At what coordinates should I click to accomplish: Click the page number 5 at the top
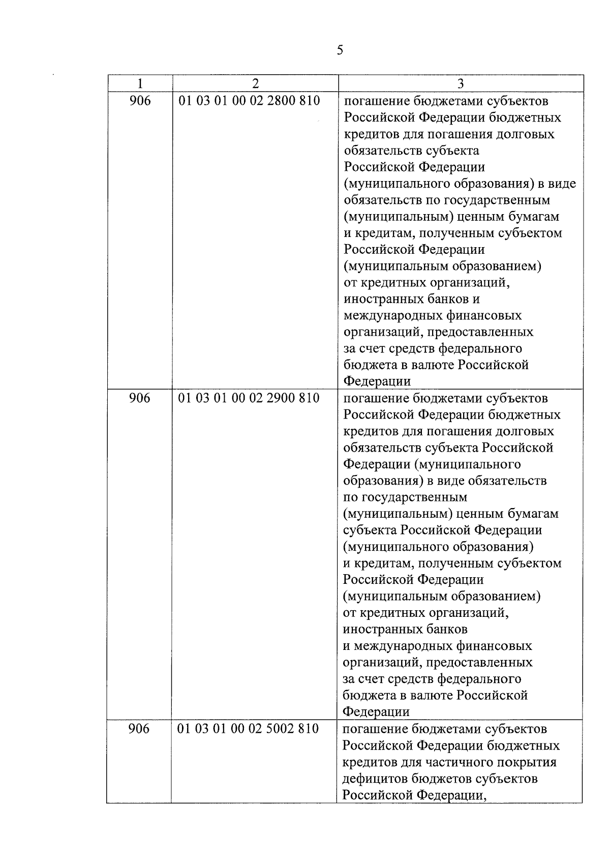pos(340,50)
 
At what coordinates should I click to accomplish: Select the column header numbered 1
pos(140,83)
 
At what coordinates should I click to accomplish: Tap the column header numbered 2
pos(255,83)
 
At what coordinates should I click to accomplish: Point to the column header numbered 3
pos(461,83)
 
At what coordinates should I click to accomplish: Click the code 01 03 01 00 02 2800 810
pos(249,101)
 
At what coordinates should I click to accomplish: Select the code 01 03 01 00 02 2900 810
pos(249,398)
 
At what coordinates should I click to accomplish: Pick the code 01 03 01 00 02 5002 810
pos(248,729)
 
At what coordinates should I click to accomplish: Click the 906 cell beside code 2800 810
pos(140,101)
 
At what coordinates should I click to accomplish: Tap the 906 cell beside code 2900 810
pos(140,398)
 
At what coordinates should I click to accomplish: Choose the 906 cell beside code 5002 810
pos(139,729)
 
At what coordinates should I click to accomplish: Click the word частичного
pos(455,762)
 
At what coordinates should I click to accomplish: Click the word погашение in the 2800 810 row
pos(376,101)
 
